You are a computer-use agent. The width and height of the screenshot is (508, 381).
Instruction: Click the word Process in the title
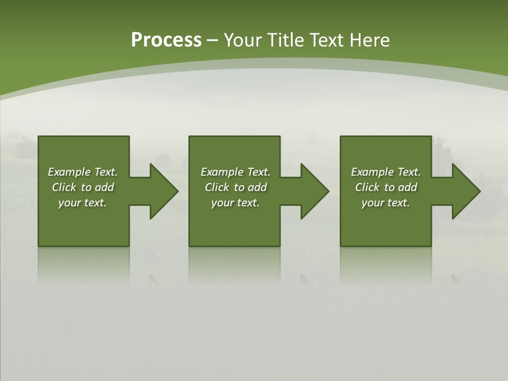coord(166,40)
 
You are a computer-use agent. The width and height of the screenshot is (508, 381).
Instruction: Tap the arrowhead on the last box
coord(465,191)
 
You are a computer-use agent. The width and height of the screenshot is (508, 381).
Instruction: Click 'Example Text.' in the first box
coord(83,172)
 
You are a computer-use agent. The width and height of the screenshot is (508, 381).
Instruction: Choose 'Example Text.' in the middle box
coord(235,172)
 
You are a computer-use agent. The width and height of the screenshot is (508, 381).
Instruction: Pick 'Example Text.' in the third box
coord(386,172)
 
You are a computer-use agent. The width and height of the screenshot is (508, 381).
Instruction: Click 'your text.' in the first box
coord(83,203)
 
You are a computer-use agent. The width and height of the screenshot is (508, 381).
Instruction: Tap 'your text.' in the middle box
coord(235,203)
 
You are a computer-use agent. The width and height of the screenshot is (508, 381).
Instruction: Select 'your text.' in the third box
coord(386,203)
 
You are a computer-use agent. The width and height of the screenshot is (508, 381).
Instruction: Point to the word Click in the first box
coord(64,187)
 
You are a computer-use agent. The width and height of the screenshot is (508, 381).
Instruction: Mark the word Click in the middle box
coord(217,187)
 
